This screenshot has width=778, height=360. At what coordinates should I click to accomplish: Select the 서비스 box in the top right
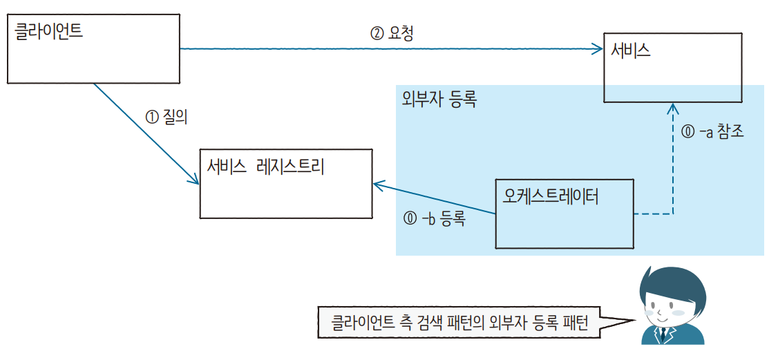point(673,67)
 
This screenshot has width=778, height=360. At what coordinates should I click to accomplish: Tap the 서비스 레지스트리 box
point(285,182)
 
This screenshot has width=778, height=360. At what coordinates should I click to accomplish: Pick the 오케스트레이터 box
point(564,214)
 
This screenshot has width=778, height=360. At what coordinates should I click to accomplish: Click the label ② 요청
point(392,33)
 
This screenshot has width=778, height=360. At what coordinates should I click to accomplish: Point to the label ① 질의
point(167,117)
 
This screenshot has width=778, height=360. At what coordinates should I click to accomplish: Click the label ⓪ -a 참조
point(712,132)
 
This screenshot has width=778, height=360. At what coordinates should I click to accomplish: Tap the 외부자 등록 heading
point(439,99)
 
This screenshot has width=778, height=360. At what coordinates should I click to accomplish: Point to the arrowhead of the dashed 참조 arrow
point(672,107)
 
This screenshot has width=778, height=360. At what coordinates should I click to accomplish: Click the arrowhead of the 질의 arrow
point(195,181)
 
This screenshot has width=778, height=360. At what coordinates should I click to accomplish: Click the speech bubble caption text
point(459,323)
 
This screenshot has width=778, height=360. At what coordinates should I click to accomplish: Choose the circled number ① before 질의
point(151,117)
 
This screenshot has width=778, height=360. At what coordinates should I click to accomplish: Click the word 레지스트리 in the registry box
point(290,167)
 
